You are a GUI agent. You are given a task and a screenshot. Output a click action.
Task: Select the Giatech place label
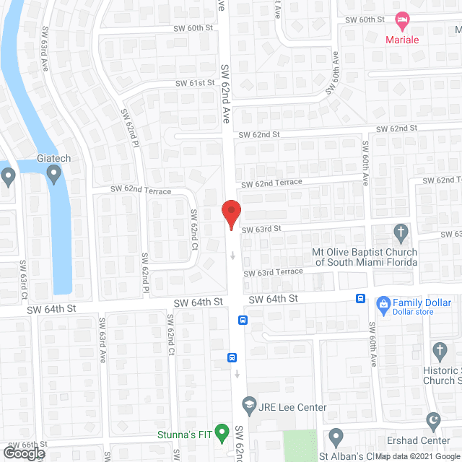[x=53, y=158]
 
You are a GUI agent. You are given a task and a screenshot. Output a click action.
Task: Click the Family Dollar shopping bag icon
[x=382, y=304]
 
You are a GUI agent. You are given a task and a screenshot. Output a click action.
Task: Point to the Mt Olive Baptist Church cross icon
[x=402, y=232]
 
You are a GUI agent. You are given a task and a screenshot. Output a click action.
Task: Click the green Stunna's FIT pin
[x=222, y=433]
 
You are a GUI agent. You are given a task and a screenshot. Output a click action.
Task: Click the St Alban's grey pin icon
[x=336, y=436]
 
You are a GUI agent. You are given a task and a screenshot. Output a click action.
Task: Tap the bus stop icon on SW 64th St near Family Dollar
[x=359, y=298]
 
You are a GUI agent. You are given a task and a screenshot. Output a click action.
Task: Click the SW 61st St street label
[x=196, y=84]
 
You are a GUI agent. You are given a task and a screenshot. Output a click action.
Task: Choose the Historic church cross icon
[x=440, y=352]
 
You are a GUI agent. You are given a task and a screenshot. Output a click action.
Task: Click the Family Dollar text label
[x=422, y=303]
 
